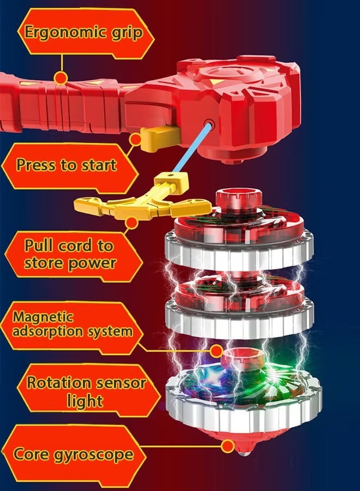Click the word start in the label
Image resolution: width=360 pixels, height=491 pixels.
coord(99,165)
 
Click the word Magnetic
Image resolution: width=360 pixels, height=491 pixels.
coord(43,317)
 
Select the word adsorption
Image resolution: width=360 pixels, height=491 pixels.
coord(47,332)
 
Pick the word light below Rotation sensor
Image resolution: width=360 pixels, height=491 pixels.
coord(85,401)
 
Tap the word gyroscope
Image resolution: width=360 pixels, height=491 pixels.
coord(94,455)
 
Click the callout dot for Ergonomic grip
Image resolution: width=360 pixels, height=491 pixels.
coord(61,77)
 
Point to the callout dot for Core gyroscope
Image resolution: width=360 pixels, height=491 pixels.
coord(227,446)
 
